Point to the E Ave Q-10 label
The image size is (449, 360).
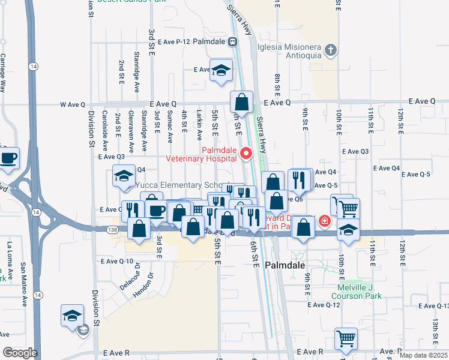[117, 261]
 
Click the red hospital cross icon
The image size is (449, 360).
[324, 221]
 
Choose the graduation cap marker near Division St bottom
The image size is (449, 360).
[72, 316]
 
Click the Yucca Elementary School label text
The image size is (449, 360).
[180, 185]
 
